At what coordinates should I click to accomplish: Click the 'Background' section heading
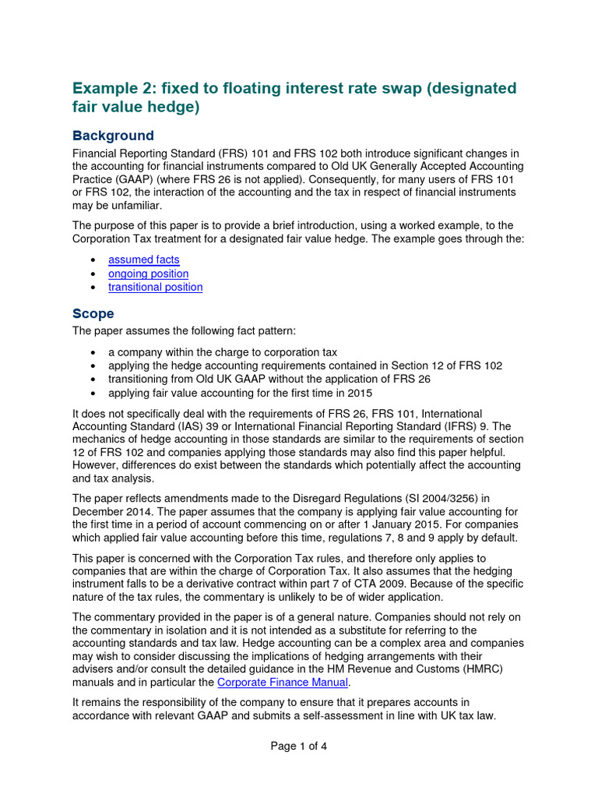tap(113, 136)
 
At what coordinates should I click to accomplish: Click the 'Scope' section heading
tap(93, 313)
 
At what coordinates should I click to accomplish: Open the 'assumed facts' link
tap(143, 260)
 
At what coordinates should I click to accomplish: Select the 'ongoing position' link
tap(148, 274)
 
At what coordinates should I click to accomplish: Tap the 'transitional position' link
tap(155, 287)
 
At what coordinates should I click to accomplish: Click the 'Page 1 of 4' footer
tap(298, 746)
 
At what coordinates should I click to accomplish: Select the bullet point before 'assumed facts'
tap(93, 260)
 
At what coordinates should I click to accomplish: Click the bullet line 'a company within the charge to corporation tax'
tap(222, 351)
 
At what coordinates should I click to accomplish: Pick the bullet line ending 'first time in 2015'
tap(240, 393)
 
